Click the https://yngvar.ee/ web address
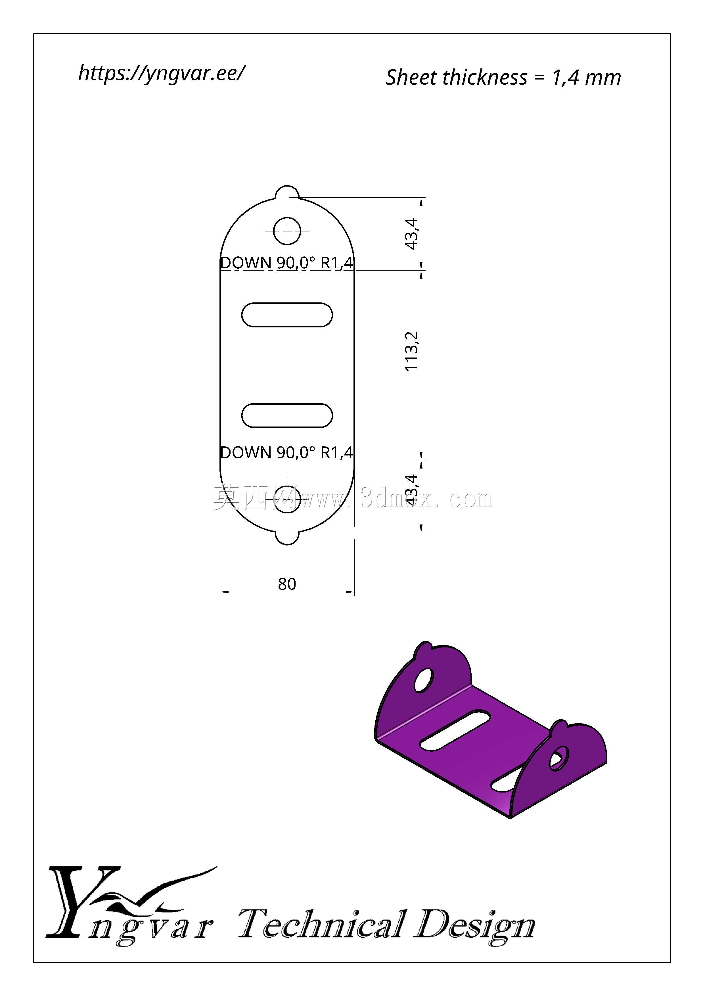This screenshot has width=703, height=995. pyautogui.click(x=161, y=74)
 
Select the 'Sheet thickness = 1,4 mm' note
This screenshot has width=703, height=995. pyautogui.click(x=503, y=78)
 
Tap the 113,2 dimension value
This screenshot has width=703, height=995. pyautogui.click(x=411, y=351)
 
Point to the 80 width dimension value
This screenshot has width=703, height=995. pyautogui.click(x=287, y=584)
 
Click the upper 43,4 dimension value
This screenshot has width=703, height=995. pyautogui.click(x=411, y=234)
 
